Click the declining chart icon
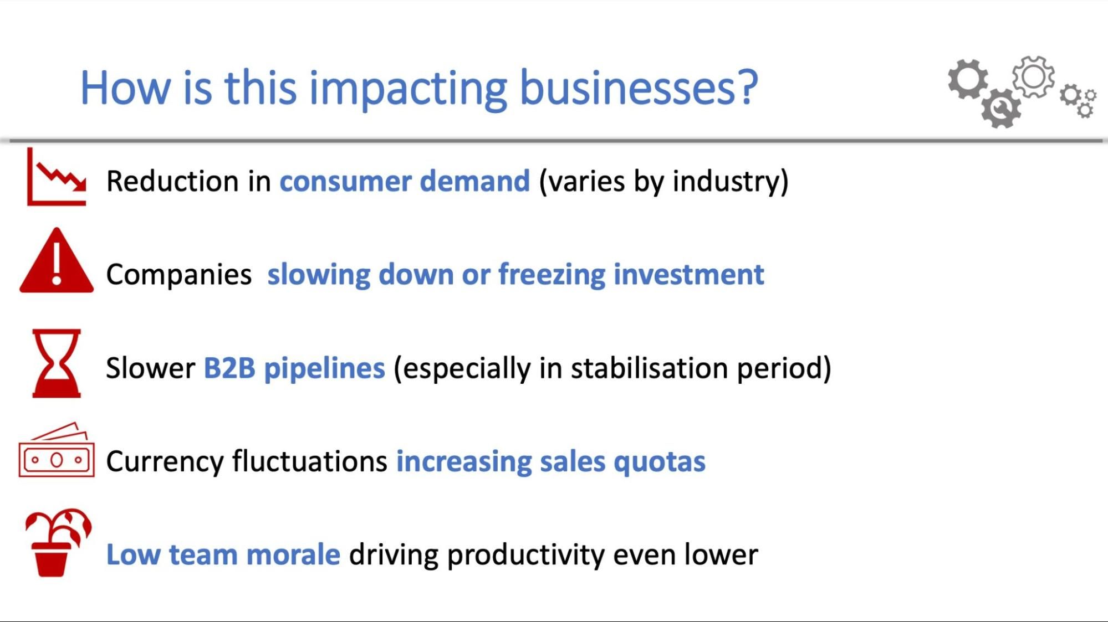pyautogui.click(x=57, y=177)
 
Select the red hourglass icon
pyautogui.click(x=57, y=363)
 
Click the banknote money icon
pyautogui.click(x=57, y=451)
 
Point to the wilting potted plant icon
pyautogui.click(x=57, y=543)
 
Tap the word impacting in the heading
pyautogui.click(x=407, y=89)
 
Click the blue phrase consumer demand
pyautogui.click(x=405, y=181)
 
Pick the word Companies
pyautogui.click(x=178, y=275)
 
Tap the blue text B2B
pyautogui.click(x=229, y=368)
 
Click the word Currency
pyautogui.click(x=164, y=461)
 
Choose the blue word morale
pyautogui.click(x=293, y=554)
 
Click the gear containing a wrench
pyautogui.click(x=1000, y=109)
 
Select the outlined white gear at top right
pyautogui.click(x=1033, y=77)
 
